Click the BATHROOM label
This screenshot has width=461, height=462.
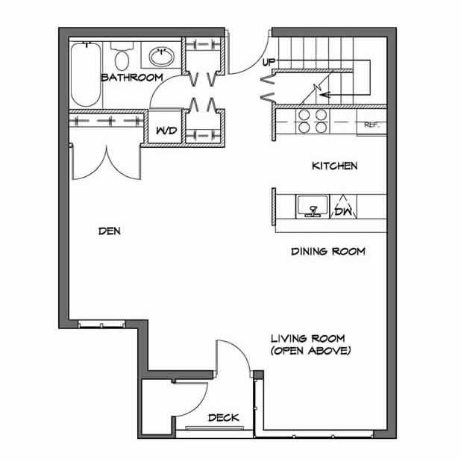click(132, 77)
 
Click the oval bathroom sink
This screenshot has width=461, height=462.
click(160, 55)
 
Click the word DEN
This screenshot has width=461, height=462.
click(110, 231)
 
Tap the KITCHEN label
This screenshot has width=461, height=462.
click(334, 166)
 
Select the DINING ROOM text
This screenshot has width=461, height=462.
click(327, 252)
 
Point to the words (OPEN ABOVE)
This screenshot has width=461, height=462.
click(310, 350)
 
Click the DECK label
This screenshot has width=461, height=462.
click(224, 418)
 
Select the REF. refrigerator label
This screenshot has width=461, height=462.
click(371, 125)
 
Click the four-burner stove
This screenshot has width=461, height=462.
click(311, 121)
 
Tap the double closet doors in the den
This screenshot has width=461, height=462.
click(105, 160)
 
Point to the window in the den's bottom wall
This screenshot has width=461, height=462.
click(100, 324)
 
